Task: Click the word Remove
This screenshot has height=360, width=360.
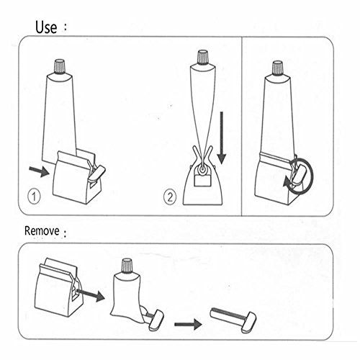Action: (x=42, y=233)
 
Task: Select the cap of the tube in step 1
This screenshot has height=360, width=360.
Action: (x=60, y=68)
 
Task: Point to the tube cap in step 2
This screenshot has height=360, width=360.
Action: (x=203, y=58)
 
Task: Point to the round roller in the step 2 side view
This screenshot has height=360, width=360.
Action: (x=204, y=168)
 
